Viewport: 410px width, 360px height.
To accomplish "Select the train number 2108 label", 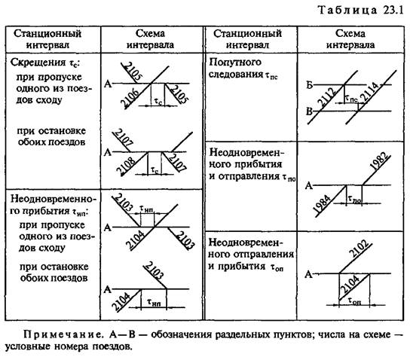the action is (126, 166).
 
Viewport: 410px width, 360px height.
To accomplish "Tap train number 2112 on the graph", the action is (326, 97).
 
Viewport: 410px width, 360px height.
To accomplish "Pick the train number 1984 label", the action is (322, 204).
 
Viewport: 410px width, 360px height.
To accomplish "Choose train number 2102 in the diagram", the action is (359, 249).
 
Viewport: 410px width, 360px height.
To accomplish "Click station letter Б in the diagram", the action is (310, 85).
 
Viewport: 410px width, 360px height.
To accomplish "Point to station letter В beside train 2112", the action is (309, 111).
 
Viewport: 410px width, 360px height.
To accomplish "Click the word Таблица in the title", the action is (347, 11).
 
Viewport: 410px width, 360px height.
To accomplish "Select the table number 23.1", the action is (393, 11).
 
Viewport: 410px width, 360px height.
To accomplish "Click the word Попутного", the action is (235, 63).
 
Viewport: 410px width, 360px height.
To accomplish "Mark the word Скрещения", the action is (38, 63).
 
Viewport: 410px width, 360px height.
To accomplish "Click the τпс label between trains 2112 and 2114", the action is (351, 99).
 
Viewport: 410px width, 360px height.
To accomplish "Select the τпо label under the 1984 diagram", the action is (354, 200).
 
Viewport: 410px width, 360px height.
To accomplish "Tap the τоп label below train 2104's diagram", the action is (354, 301).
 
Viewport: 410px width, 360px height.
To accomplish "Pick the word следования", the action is (236, 75).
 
